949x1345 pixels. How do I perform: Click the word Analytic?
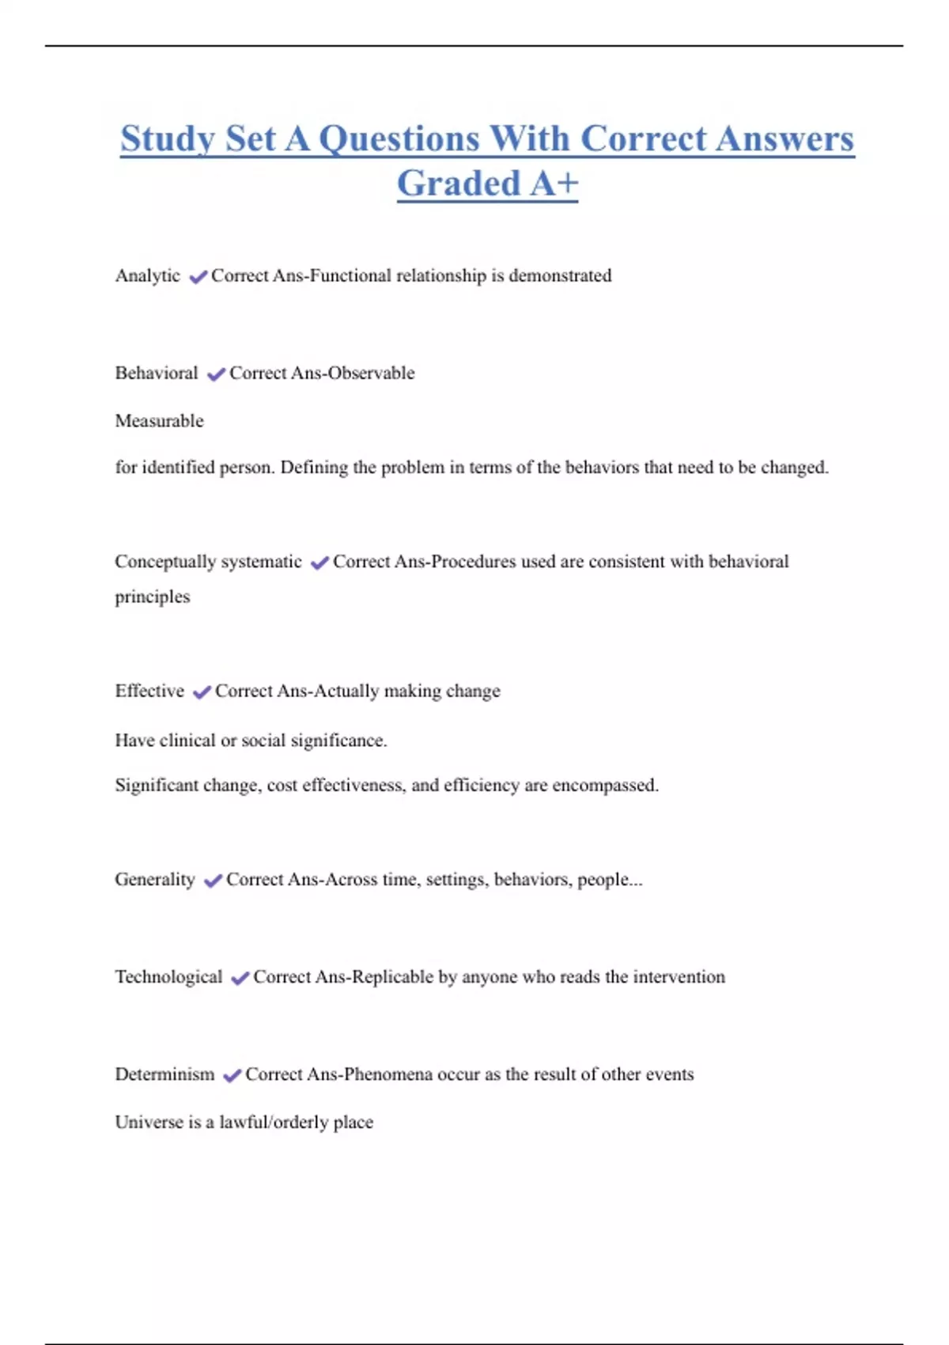[148, 276]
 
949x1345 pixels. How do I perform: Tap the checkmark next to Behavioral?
[216, 374]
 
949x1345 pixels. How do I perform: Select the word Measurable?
[159, 421]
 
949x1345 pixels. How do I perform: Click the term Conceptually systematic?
[208, 562]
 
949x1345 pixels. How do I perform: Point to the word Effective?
[149, 691]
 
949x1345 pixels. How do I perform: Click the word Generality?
[155, 880]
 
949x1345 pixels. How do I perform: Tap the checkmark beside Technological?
[240, 979]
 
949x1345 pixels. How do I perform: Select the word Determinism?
[164, 1074]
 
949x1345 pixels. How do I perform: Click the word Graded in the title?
[459, 184]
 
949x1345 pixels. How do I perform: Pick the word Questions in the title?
[399, 139]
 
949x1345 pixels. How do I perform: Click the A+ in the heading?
[554, 184]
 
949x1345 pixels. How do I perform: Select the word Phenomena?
[388, 1074]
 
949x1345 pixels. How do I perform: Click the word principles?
[153, 597]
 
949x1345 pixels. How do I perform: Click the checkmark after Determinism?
[232, 1076]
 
